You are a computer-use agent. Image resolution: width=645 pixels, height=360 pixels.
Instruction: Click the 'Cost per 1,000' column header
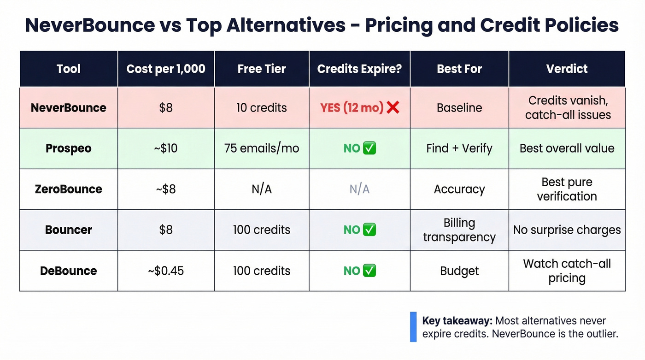pos(166,69)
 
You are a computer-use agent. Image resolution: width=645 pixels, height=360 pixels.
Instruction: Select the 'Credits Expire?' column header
pos(359,69)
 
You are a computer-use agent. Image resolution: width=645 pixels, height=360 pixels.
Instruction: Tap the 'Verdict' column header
pos(567,69)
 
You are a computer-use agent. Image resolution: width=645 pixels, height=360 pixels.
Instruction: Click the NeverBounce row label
pos(68,108)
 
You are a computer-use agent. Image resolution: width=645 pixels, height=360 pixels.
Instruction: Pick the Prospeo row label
pos(68,148)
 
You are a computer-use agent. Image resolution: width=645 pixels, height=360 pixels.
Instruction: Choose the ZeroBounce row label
pos(68,189)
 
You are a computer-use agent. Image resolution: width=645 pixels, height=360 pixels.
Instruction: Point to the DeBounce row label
pos(68,271)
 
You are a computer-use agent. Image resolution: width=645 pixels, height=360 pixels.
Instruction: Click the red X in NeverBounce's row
pos(393,108)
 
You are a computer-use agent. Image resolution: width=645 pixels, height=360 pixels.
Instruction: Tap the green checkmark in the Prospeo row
pos(369,148)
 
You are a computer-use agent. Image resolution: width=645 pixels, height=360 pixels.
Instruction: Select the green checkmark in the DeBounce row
pos(369,271)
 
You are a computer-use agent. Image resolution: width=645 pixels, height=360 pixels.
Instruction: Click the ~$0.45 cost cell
pos(166,271)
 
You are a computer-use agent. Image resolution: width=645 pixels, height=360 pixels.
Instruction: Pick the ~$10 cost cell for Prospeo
pos(166,148)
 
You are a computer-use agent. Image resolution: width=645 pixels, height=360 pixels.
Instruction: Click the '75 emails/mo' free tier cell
pos(262,148)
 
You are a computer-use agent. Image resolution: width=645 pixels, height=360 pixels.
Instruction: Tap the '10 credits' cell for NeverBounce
pos(262,108)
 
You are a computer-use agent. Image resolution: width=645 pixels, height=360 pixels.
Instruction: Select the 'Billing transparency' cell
pos(459,230)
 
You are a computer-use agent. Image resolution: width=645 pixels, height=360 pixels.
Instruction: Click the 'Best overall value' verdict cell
pos(567,148)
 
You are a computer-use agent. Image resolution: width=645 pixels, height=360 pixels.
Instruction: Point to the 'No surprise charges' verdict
pos(567,230)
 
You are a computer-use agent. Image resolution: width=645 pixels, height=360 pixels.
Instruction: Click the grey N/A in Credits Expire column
pos(359,189)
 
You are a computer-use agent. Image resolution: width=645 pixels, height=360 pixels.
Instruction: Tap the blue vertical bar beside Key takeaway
pos(413,327)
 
